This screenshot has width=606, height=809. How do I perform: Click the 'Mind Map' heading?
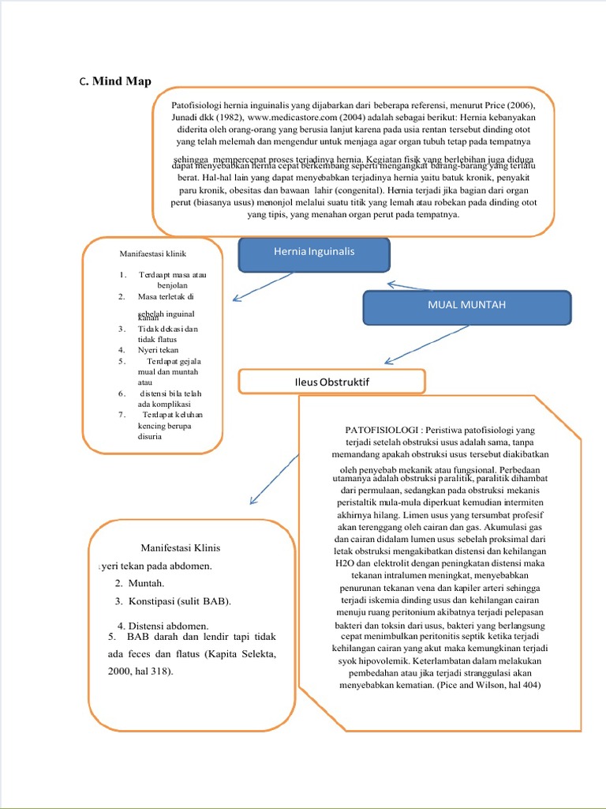pyautogui.click(x=122, y=81)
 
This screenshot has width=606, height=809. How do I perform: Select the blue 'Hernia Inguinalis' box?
pyautogui.click(x=314, y=252)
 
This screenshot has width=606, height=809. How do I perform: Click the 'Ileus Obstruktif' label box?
pyautogui.click(x=331, y=382)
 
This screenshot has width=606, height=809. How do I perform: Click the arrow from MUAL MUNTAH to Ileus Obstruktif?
pyautogui.click(x=431, y=344)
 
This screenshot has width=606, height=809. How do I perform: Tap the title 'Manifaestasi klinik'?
pyautogui.click(x=152, y=254)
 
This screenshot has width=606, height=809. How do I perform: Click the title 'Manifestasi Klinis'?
pyautogui.click(x=180, y=547)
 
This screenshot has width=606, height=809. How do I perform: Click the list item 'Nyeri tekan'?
pyautogui.click(x=158, y=349)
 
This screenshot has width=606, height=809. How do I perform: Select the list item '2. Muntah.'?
pyautogui.click(x=138, y=583)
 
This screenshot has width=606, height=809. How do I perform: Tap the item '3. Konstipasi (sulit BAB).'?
pyautogui.click(x=172, y=602)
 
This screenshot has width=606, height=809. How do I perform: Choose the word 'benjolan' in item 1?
pyautogui.click(x=175, y=285)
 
